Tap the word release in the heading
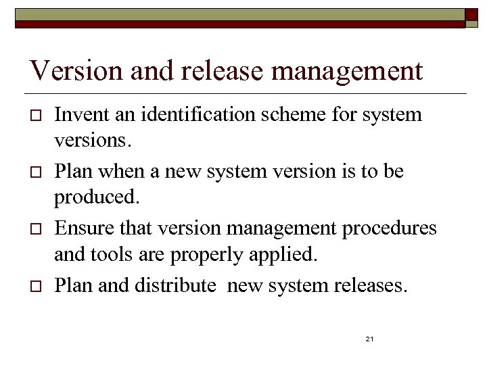point(208,70)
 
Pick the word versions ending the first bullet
point(87,142)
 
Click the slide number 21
point(369,339)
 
